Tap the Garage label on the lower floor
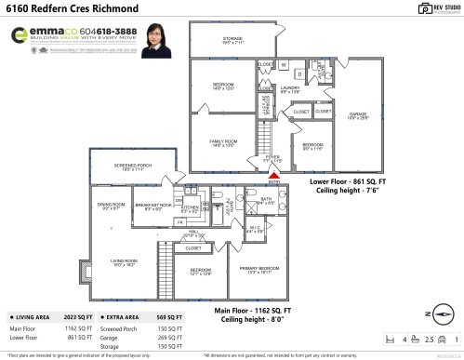pyautogui.click(x=359, y=115)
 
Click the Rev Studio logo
pyautogui.click(x=431, y=10)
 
